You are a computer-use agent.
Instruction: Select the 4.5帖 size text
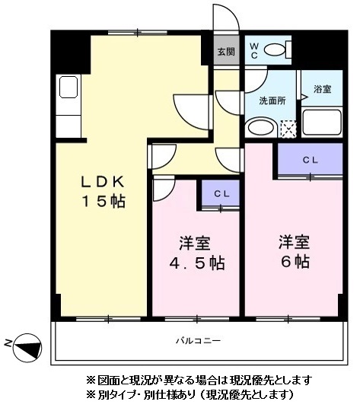[x=196, y=263]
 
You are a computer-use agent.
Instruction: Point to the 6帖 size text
[x=293, y=262]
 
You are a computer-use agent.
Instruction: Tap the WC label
[x=254, y=51]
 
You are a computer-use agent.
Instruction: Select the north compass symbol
[x=27, y=347]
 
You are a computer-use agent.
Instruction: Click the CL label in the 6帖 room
[x=310, y=160]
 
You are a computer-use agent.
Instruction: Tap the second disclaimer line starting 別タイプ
[x=190, y=395]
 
